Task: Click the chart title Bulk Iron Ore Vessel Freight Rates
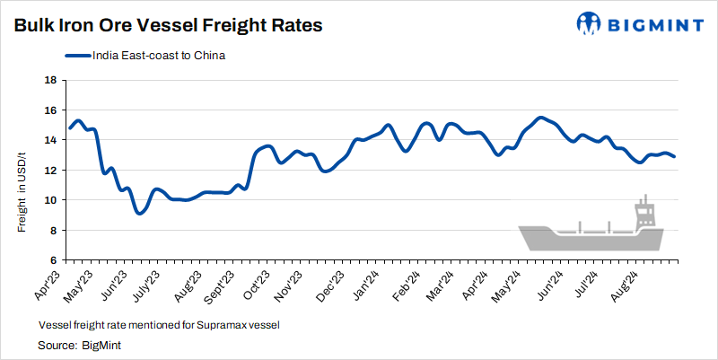coord(168,26)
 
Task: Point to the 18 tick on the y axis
coord(51,80)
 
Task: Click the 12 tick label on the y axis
coord(51,171)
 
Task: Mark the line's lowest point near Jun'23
coord(139,213)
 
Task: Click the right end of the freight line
coord(674,157)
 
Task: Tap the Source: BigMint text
coord(79,344)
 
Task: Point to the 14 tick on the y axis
coord(51,140)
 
